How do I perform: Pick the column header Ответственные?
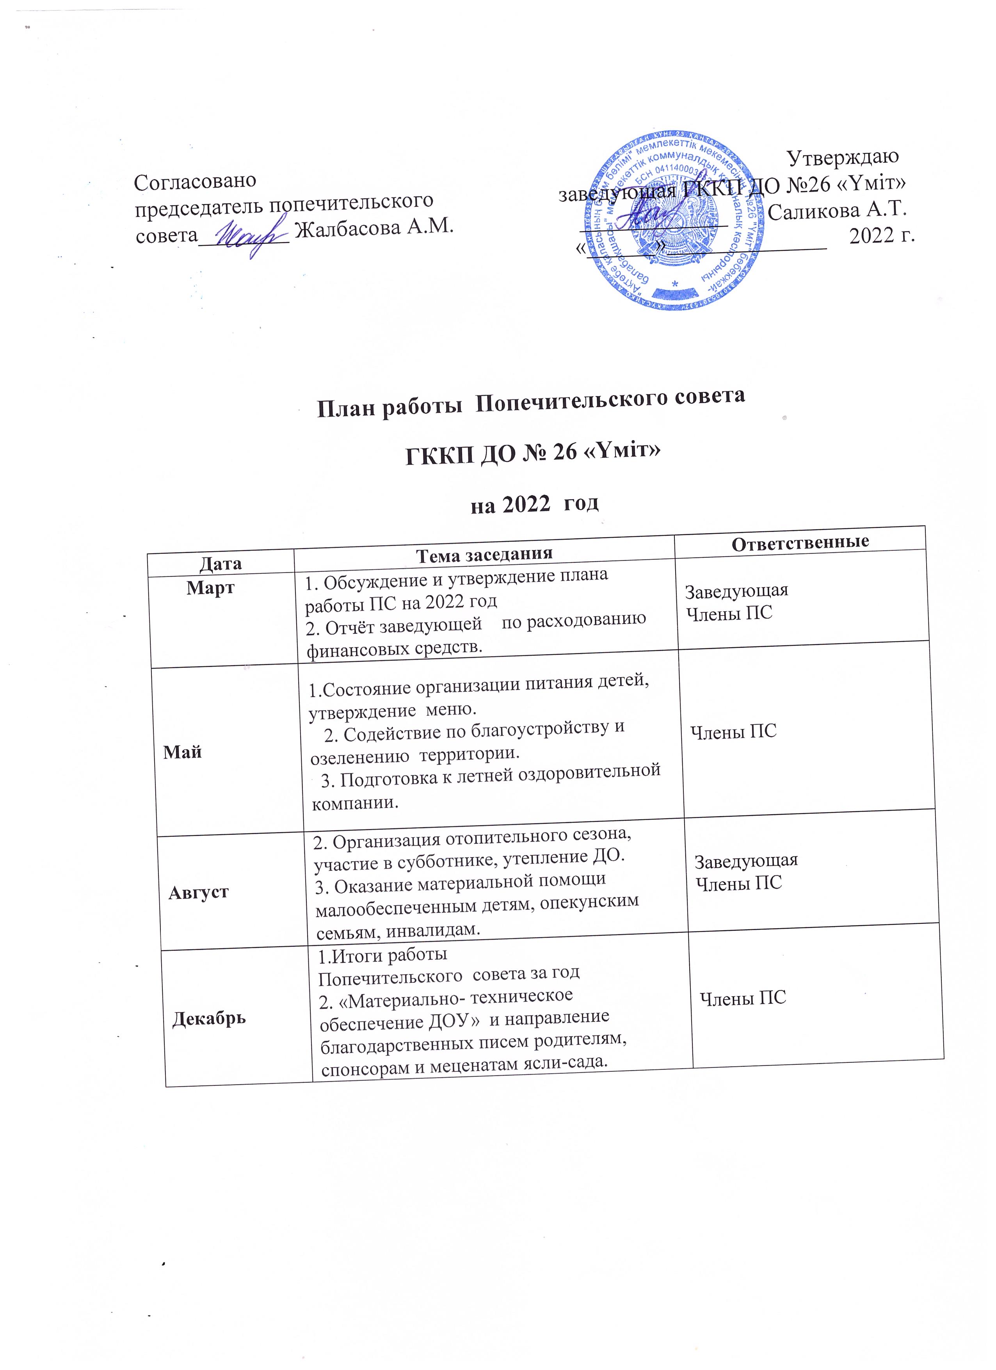click(800, 542)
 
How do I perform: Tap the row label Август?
click(198, 892)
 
